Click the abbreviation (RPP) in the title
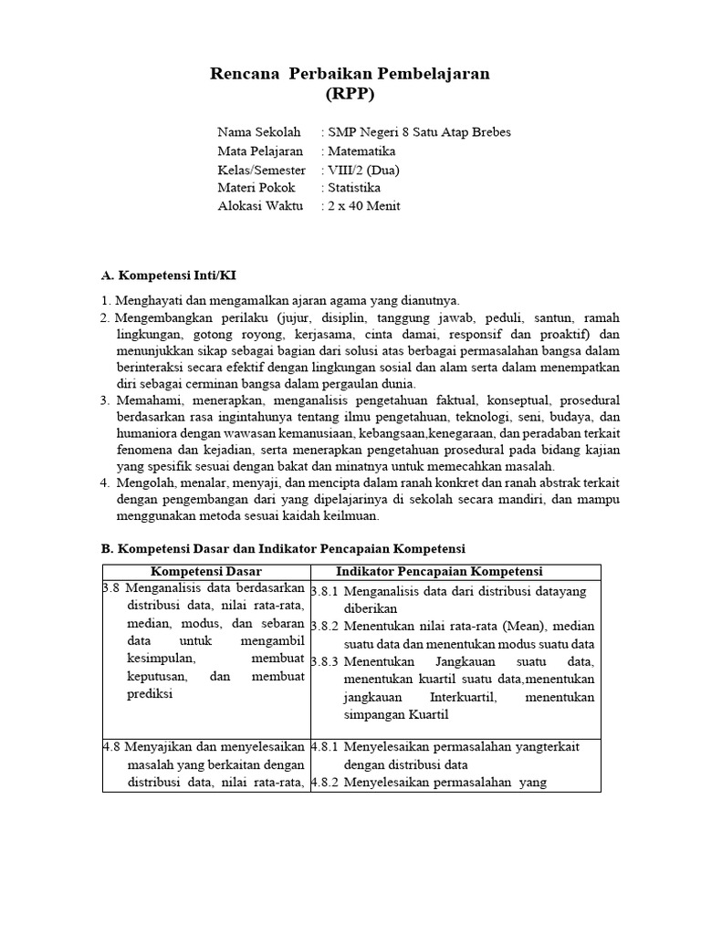[350, 94]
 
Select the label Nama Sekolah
[258, 132]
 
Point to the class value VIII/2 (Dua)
[363, 170]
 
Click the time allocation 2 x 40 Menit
[363, 206]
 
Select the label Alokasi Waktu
[259, 206]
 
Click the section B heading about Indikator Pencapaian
[282, 548]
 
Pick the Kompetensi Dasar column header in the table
[205, 571]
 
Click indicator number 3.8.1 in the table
[325, 591]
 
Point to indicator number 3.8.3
[325, 661]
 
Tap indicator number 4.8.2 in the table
[325, 782]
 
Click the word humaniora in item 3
[146, 431]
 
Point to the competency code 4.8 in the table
[111, 746]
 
